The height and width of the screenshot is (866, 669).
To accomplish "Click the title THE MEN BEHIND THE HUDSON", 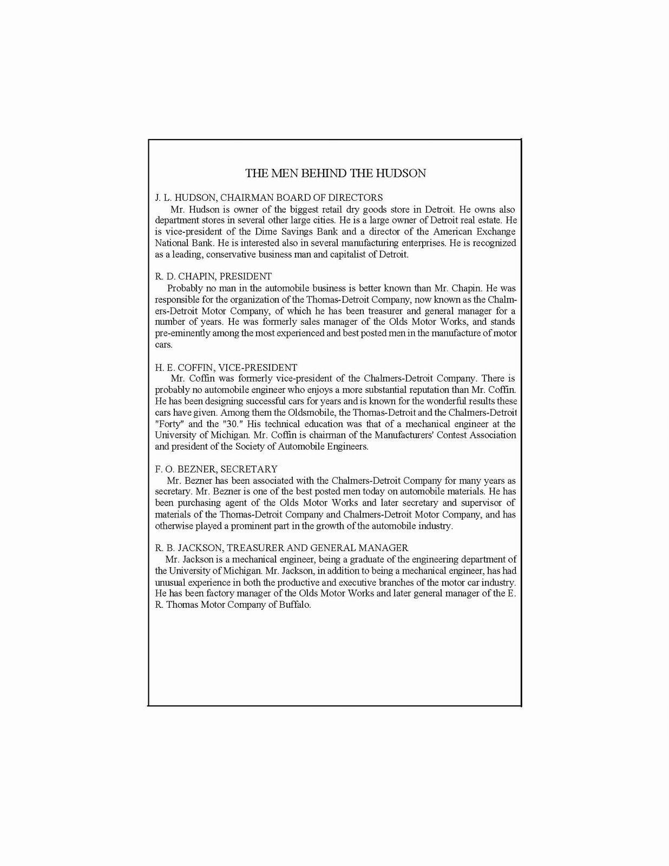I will coord(335,173).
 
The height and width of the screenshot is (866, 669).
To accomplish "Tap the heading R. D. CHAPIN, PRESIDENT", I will coord(213,277).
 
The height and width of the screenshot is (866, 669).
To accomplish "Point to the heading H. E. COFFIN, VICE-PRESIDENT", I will coord(226,368).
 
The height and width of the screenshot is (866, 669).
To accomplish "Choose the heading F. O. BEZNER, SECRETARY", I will coord(216,469).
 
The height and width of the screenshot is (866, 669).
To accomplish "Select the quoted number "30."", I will coord(232,424).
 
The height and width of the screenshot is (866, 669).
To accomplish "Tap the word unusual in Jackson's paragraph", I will coord(169,582).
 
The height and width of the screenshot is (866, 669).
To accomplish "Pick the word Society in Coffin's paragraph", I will coord(250,447).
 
